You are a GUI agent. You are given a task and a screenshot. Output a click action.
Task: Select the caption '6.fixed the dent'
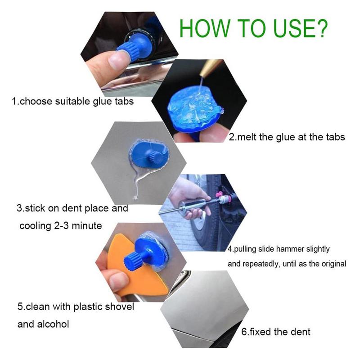[x=275, y=332]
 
